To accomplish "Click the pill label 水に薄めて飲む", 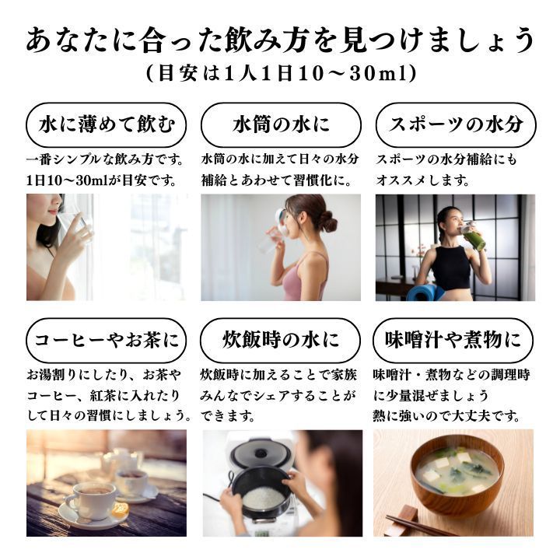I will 106,124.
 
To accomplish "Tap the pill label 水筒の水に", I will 280,124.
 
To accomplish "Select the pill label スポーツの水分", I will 455,124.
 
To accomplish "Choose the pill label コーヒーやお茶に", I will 106,341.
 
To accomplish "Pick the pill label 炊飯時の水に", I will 280,341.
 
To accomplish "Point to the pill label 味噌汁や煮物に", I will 455,341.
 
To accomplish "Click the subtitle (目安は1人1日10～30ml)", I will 280,73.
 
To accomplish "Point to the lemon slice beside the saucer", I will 119,510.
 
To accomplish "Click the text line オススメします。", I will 423,180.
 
